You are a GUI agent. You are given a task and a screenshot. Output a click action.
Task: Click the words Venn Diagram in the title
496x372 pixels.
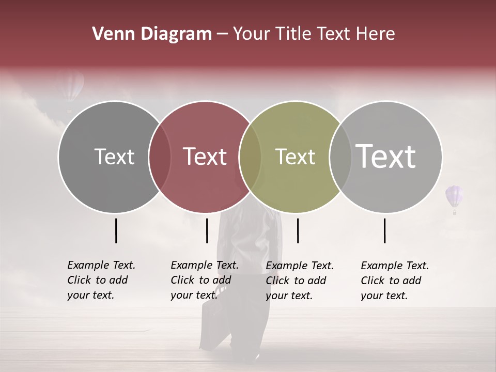151,34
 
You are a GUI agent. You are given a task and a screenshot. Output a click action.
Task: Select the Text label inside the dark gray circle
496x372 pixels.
114,157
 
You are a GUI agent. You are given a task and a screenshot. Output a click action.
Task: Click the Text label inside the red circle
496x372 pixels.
205,157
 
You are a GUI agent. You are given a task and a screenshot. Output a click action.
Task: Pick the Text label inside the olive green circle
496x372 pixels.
295,157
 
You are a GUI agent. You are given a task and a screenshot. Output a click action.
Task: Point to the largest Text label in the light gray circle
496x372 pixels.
385,156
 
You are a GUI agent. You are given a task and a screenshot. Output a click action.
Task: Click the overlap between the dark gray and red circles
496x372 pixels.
159,157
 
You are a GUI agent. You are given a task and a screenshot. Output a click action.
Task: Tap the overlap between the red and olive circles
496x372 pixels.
250,157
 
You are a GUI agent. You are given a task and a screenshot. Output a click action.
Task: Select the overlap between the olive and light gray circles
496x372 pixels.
340,157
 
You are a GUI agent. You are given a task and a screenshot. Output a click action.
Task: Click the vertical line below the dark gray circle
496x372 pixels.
116,230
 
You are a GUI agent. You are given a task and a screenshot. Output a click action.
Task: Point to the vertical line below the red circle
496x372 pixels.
207,230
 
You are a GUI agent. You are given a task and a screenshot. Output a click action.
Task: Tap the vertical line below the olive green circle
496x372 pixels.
298,230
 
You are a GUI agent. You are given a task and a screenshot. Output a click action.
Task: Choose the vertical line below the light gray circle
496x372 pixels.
385,230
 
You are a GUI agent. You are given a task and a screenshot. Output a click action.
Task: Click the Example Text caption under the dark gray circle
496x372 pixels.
101,280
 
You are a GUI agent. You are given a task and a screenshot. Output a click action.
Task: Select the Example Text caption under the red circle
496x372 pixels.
204,280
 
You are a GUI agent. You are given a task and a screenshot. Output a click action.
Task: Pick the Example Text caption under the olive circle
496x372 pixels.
299,281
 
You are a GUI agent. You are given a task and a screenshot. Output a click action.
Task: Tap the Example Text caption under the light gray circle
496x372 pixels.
394,281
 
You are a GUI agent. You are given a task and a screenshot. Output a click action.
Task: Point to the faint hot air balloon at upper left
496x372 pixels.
72,88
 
